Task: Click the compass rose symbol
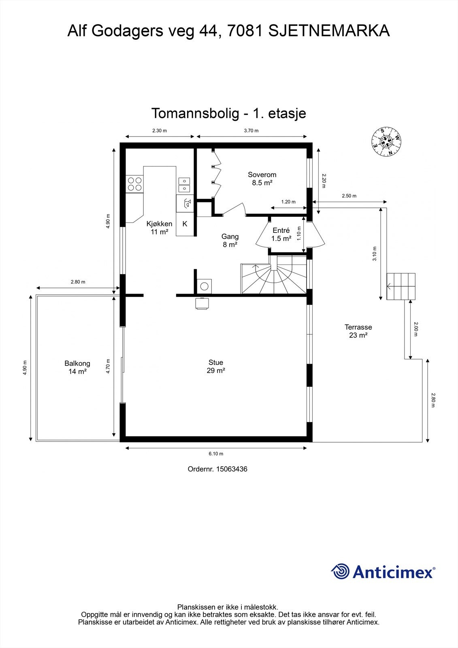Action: click(387, 142)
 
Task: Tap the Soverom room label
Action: click(262, 179)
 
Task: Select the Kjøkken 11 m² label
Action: click(159, 228)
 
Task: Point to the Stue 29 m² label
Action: click(216, 367)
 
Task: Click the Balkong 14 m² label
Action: click(77, 367)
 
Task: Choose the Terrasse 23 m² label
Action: click(358, 331)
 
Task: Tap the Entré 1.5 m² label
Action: click(281, 234)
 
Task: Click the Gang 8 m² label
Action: click(230, 240)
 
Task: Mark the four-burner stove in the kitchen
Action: click(134, 184)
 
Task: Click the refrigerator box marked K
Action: click(185, 224)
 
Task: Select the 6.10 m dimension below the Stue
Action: click(216, 454)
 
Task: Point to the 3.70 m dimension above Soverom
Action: click(251, 130)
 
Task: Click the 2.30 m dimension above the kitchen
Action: click(160, 130)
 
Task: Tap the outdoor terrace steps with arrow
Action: click(401, 286)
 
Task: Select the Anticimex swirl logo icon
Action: click(340, 571)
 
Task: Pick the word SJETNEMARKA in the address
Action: click(329, 31)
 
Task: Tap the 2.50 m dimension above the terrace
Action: click(349, 196)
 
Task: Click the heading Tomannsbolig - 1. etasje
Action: click(228, 113)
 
